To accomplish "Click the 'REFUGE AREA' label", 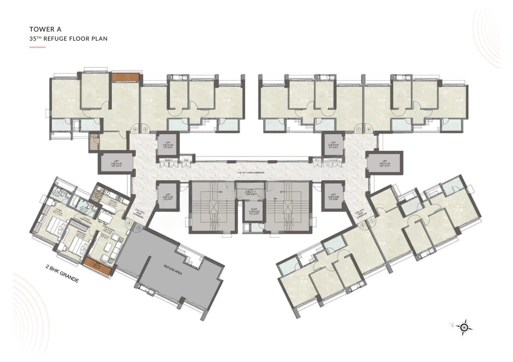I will (x=172, y=270).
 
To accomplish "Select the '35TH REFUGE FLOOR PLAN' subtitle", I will (x=68, y=38).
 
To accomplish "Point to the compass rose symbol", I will (x=464, y=327).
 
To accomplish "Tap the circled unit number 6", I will (x=145, y=129).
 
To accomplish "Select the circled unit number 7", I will (x=358, y=129).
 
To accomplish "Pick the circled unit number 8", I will (x=368, y=129).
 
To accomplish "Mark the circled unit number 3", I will (x=139, y=228).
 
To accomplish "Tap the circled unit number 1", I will (x=372, y=220).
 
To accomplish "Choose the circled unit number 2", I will (x=362, y=225).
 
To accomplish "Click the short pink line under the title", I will (x=37, y=47).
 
